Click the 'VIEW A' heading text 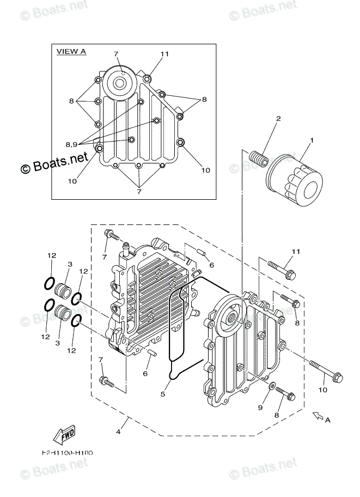[72, 52]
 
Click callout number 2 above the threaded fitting [278, 118]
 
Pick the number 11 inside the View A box [164, 54]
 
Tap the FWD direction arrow [64, 434]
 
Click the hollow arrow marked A [317, 416]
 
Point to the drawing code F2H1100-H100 [67, 452]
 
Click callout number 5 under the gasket [163, 393]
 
